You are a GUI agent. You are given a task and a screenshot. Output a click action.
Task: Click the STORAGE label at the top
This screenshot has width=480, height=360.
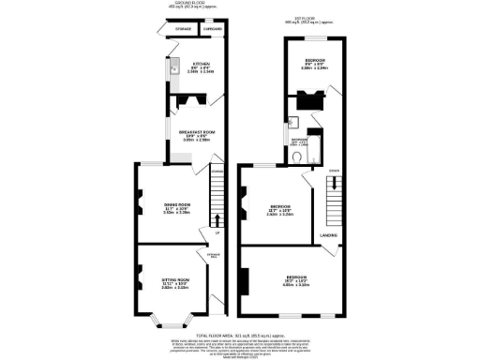[x=183, y=29]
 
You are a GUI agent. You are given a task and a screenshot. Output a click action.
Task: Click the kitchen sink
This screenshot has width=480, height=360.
[x=174, y=67]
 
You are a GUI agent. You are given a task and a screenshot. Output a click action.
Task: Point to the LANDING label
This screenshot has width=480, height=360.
[x=328, y=234]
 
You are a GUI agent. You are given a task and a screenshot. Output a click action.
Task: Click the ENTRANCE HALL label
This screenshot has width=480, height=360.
[x=214, y=254]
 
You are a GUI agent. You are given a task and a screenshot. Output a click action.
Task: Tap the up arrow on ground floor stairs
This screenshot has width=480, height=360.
[x=217, y=221]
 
